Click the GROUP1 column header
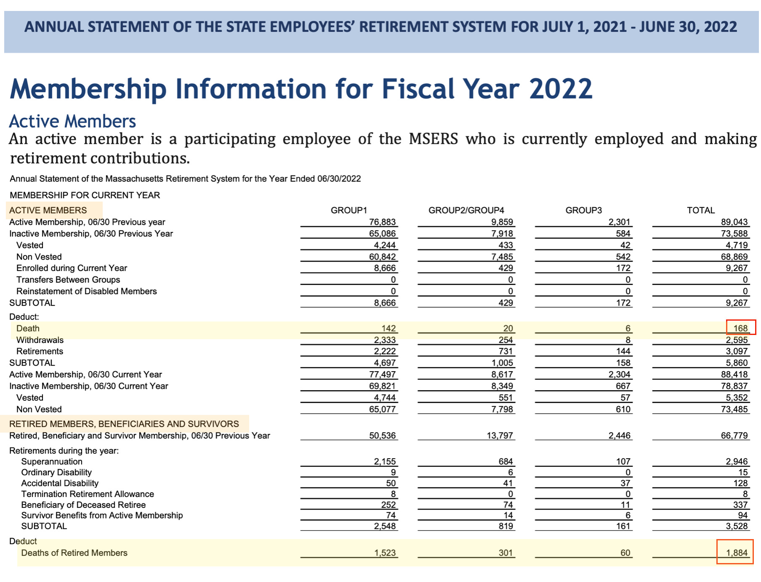pos(349,210)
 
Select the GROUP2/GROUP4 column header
pos(466,210)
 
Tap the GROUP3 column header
pos(583,210)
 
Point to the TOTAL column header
pos(701,210)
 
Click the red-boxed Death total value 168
pos(740,328)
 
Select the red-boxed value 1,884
pos(736,553)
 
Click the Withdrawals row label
pos(40,340)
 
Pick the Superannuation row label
pos(52,462)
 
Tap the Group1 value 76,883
pos(382,222)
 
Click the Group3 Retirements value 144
pos(623,351)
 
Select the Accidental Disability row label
pos(60,483)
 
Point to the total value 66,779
pos(734,436)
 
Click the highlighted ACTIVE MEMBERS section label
pos(48,210)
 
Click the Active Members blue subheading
pos(72,121)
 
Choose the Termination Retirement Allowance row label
pos(88,494)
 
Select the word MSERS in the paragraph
pos(433,139)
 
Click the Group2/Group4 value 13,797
pos(500,436)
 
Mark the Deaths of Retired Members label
pos(74,553)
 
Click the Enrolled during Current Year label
pos(72,268)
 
